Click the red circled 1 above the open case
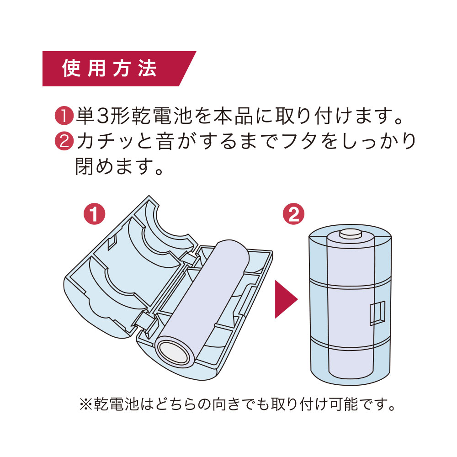94,214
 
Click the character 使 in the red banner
71,69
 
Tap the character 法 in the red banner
147,69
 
